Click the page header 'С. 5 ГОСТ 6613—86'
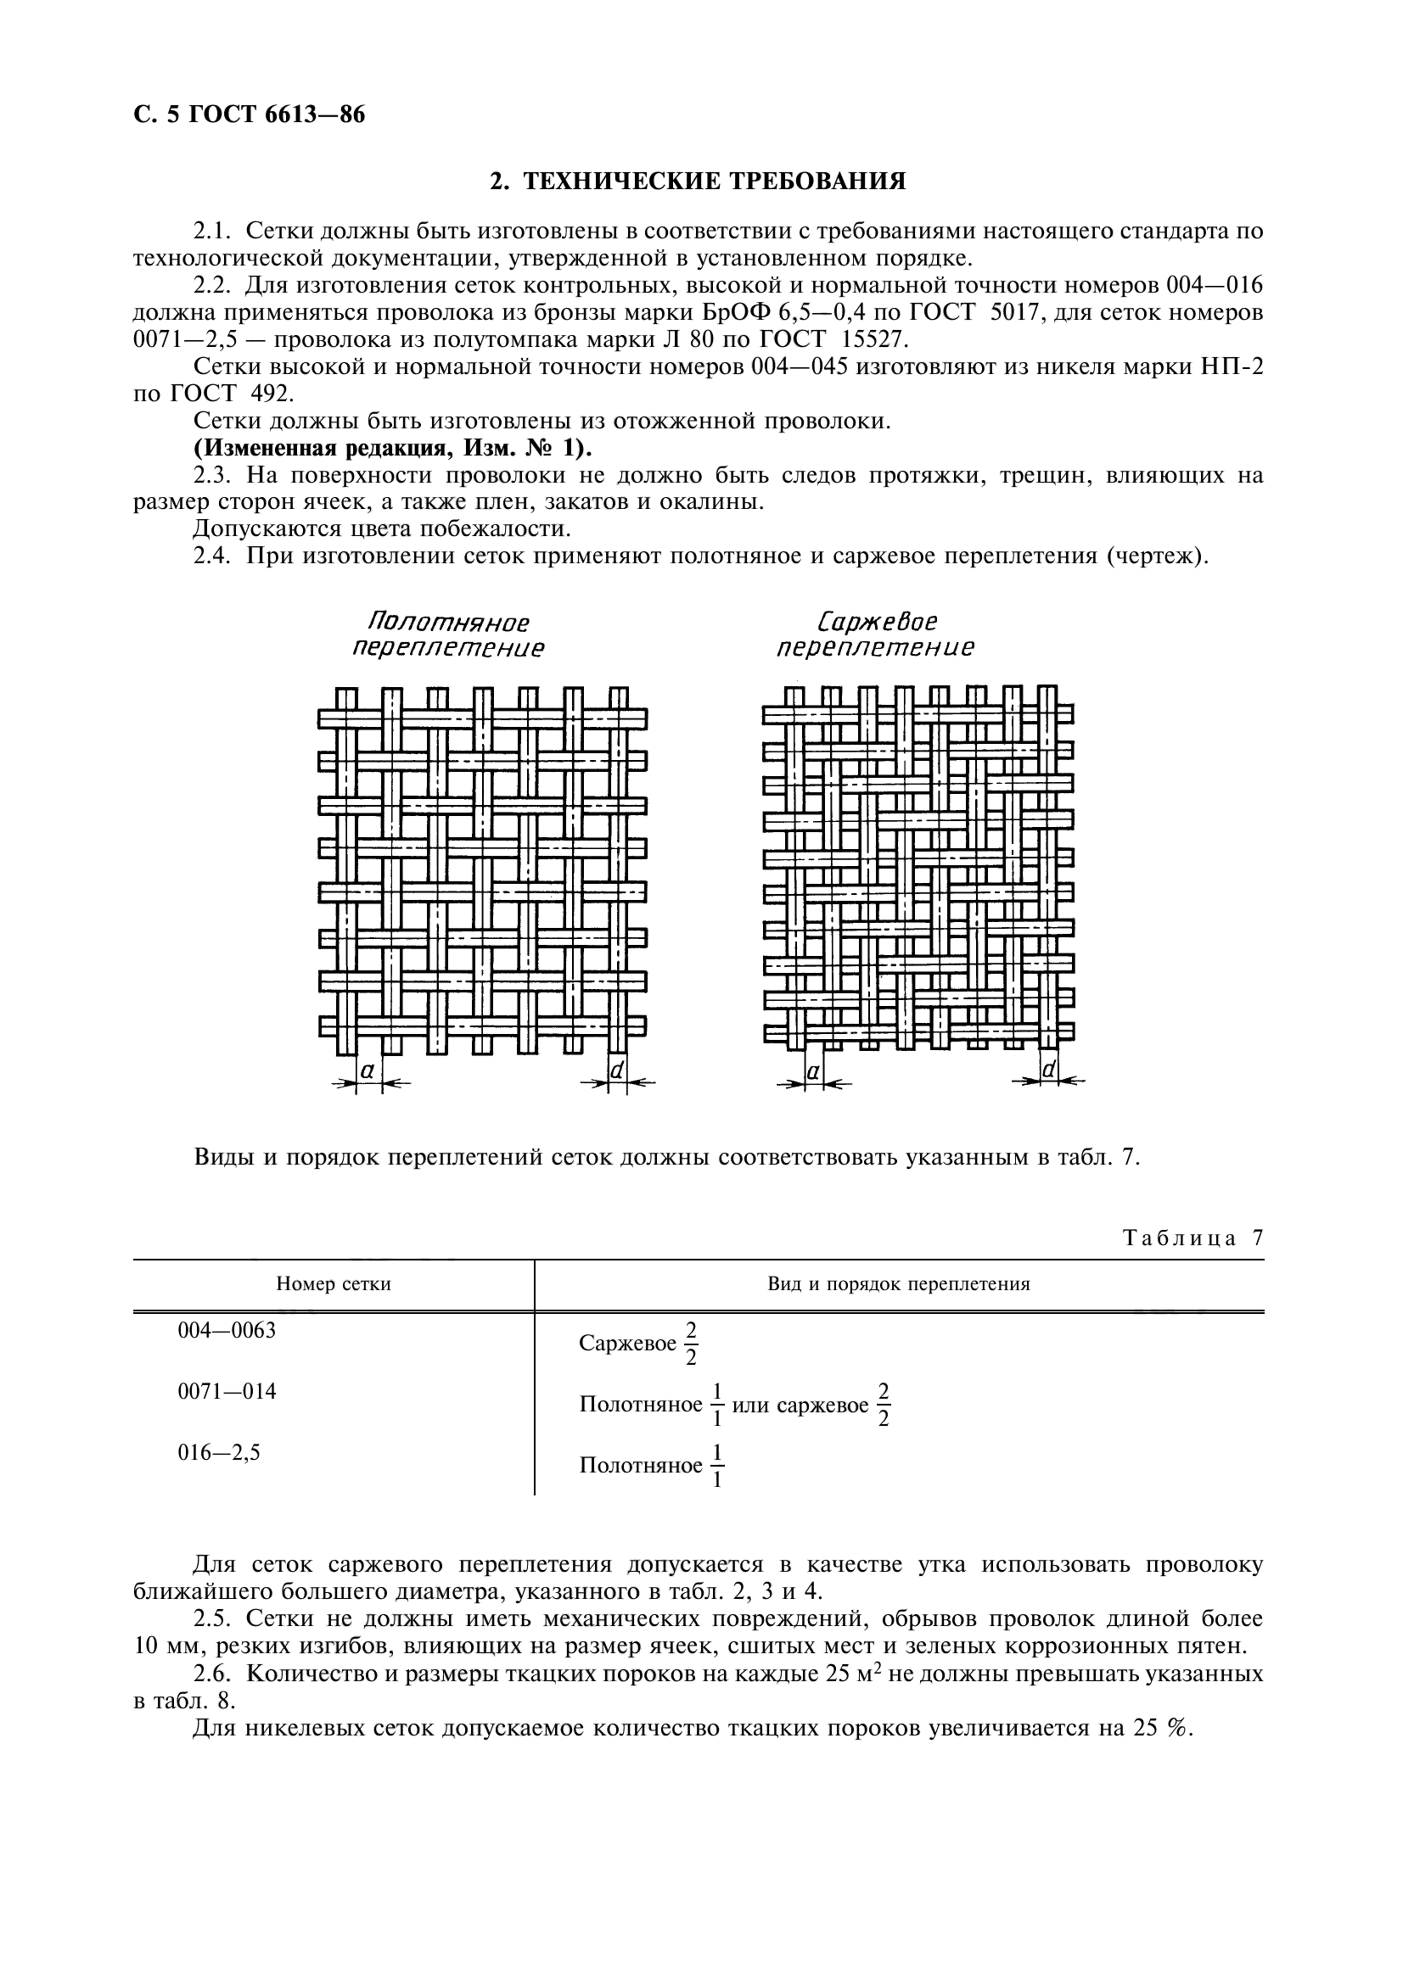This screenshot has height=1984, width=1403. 250,115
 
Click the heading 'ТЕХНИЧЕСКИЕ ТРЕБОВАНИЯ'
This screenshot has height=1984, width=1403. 698,182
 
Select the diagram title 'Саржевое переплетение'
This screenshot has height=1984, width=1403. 875,635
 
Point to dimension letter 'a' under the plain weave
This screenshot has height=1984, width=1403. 368,1070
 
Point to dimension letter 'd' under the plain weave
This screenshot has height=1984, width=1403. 617,1070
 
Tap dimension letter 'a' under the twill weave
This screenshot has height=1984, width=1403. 813,1071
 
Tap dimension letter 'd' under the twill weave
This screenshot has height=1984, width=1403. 1048,1070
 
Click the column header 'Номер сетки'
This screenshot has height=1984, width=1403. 334,1284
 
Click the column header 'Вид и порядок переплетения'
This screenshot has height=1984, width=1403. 898,1284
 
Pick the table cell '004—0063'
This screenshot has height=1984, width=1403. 227,1331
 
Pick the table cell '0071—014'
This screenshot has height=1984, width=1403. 227,1392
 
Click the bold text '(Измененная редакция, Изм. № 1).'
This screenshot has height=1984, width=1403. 393,449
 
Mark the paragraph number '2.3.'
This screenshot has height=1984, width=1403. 212,475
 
